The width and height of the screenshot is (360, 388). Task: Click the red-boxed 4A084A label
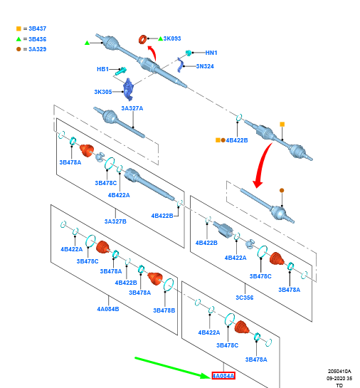pos(223,376)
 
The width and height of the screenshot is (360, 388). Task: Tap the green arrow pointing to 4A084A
pos(173,367)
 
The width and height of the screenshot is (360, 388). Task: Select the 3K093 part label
pos(172,38)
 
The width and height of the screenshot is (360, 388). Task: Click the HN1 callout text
pos(211,53)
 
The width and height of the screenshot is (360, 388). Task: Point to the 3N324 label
pos(205,66)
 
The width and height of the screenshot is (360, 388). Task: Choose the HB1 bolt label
pos(102,69)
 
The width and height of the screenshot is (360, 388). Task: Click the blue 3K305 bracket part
pos(129,89)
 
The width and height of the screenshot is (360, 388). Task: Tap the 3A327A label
pos(132,108)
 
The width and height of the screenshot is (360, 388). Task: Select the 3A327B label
pos(115,221)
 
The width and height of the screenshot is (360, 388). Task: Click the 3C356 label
pos(245,298)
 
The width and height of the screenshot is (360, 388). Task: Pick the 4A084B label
pos(108,309)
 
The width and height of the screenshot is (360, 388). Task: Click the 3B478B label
pos(164,310)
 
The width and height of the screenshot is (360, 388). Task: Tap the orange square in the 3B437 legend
pos(18,28)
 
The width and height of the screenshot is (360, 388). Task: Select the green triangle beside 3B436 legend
pos(18,39)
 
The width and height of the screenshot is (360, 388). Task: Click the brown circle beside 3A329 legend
pos(18,49)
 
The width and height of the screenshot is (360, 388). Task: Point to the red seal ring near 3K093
pos(142,40)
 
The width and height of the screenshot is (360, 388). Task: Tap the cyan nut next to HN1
pos(189,53)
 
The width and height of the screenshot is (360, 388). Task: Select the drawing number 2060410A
pos(339,371)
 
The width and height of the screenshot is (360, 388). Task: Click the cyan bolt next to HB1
pos(122,70)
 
